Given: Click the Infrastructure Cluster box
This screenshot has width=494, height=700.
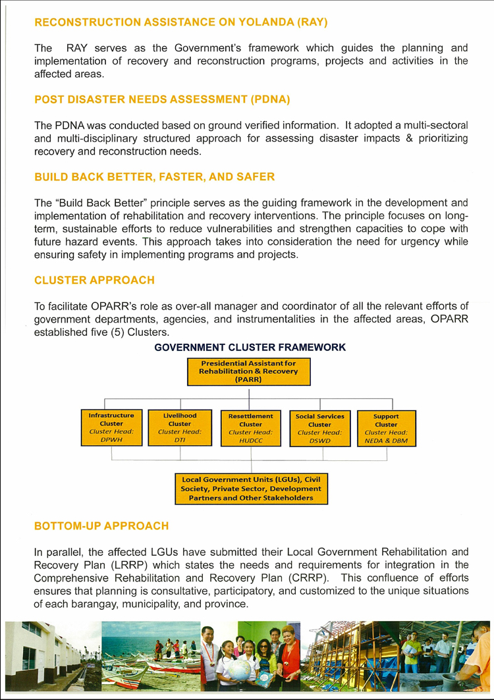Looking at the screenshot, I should coord(111,428).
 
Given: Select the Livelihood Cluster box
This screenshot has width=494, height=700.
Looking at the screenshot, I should coord(180,428).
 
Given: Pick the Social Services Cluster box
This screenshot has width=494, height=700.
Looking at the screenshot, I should coord(320,429).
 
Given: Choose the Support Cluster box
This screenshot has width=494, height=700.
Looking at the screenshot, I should coord(387,429).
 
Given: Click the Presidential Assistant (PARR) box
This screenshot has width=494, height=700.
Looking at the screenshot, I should coord(249,371).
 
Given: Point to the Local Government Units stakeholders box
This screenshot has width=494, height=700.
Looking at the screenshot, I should coord(252,489).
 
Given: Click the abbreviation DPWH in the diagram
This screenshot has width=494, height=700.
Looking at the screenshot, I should coord(111,439).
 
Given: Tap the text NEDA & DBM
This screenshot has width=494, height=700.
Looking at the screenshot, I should coord(387,439).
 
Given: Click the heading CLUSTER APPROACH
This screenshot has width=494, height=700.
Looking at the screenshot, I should coord(94,280).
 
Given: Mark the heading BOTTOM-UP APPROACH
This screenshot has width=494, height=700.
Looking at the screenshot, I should coord(101,525).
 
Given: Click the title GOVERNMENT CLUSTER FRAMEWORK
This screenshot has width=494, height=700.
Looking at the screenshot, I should coord(250,346).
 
